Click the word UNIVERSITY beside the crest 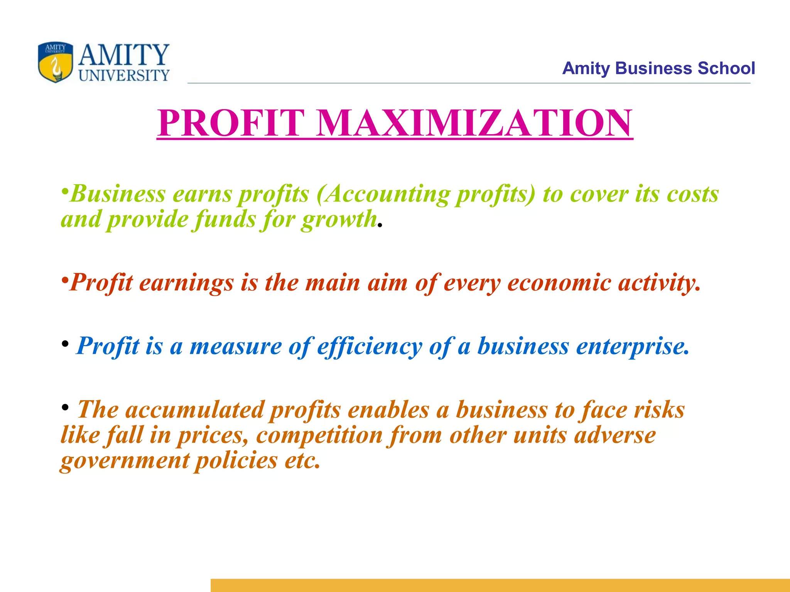124,76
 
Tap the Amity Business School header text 658,69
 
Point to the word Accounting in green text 387,194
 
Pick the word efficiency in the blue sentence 370,346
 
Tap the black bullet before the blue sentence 65,343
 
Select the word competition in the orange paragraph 319,436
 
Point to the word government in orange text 125,461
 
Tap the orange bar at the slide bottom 500,585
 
